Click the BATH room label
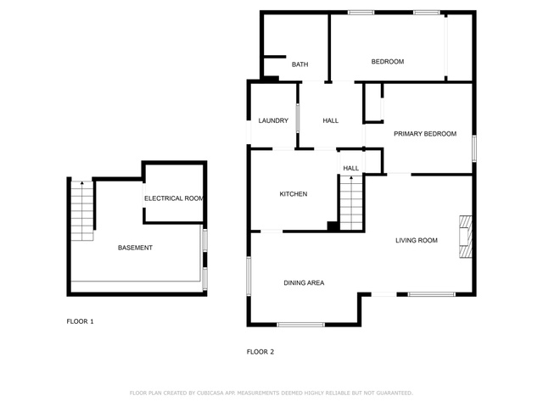coord(299,64)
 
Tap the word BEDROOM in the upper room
coord(388,62)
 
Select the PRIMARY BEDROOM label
coord(425,134)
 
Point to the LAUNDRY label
coord(273,120)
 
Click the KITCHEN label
coord(294,194)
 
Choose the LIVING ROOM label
coord(417,240)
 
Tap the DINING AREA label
coord(304,282)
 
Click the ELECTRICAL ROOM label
coord(173,198)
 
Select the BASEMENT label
coord(135,248)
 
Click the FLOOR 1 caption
coord(80,321)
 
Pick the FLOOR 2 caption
coord(260,352)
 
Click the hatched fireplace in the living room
coord(466,237)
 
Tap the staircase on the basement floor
coord(82,211)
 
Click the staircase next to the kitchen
coord(351,203)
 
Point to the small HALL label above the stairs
coord(350,168)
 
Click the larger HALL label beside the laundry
coord(330,120)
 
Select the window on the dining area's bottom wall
coord(300,325)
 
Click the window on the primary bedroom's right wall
coord(474,148)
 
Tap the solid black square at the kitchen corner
coord(333,226)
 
